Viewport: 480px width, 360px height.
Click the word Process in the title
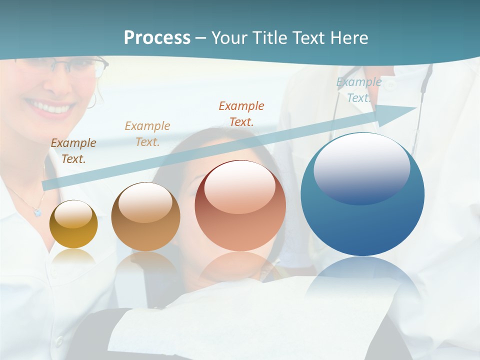(x=157, y=37)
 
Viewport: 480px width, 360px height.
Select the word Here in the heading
(x=349, y=37)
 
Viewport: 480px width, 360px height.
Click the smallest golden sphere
(x=73, y=224)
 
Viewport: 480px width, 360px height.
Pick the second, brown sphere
(x=145, y=217)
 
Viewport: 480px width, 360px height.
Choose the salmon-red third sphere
(x=240, y=206)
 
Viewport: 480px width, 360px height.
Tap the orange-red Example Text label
(x=241, y=113)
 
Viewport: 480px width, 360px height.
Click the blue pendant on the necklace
(x=37, y=212)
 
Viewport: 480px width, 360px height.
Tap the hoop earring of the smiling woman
(x=91, y=101)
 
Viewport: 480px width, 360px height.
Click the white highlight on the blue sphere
(x=361, y=167)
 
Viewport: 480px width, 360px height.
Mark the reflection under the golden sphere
(x=73, y=256)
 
